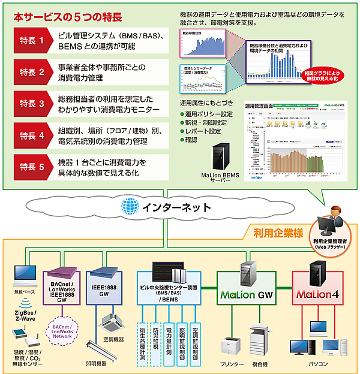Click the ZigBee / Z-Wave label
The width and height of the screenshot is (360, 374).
point(24,316)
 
